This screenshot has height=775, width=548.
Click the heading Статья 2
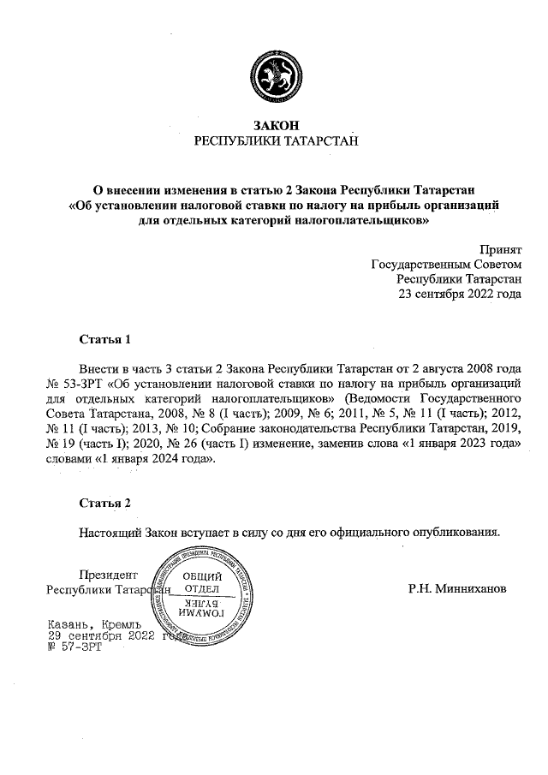pyautogui.click(x=104, y=502)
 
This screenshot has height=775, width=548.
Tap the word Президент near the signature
pyautogui.click(x=107, y=575)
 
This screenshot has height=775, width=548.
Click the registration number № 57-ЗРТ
pyautogui.click(x=74, y=648)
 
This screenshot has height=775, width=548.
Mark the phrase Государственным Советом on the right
pyautogui.click(x=445, y=264)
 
